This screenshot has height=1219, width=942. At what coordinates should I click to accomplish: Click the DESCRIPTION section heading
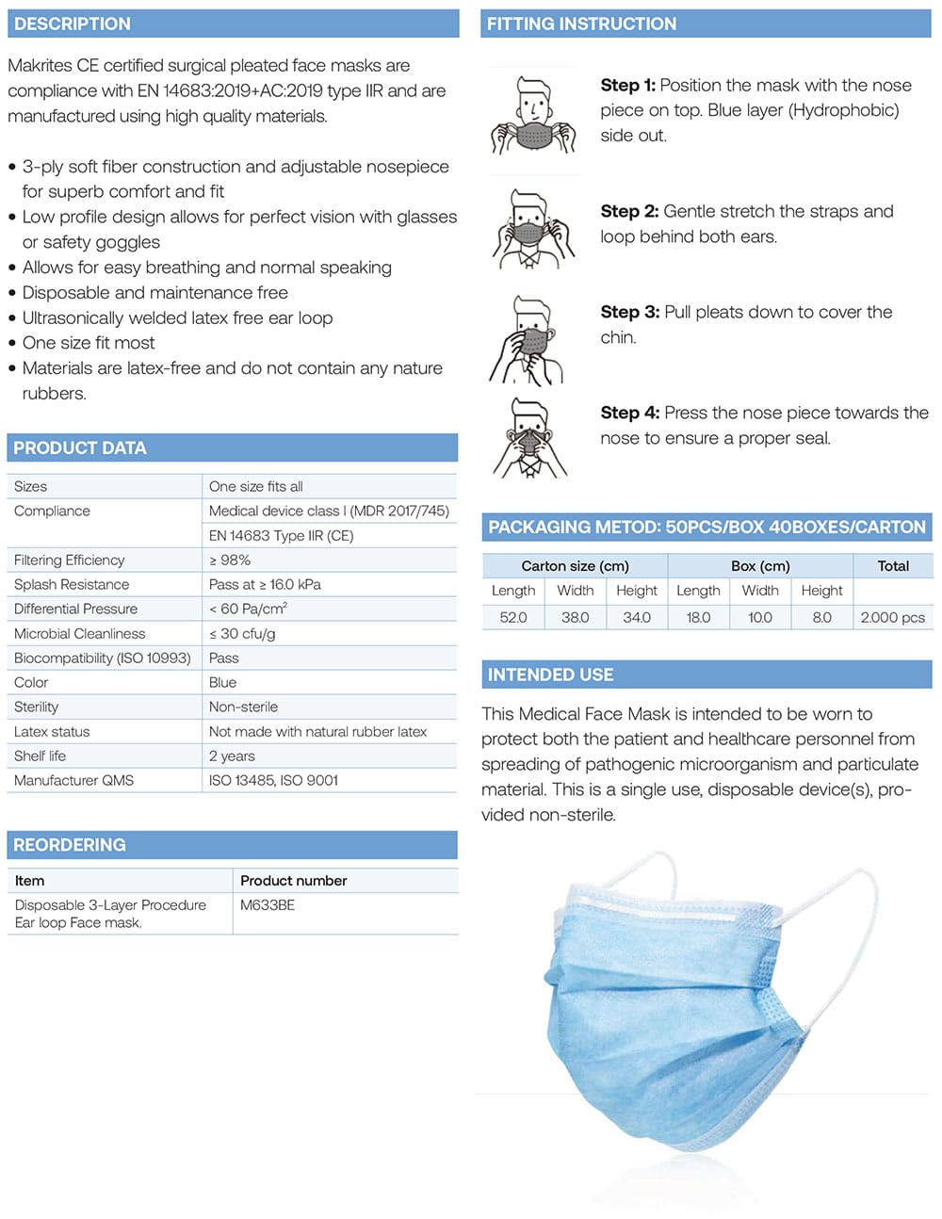pyautogui.click(x=73, y=24)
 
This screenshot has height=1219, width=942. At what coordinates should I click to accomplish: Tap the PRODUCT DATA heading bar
pyautogui.click(x=80, y=448)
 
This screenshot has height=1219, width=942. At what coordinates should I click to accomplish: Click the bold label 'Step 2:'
pyautogui.click(x=629, y=212)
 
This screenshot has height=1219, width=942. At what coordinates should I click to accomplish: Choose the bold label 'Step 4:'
pyautogui.click(x=630, y=414)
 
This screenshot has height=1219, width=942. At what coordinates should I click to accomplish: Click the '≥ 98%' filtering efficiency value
pyautogui.click(x=230, y=561)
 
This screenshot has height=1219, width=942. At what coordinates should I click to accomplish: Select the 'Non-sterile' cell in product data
pyautogui.click(x=243, y=707)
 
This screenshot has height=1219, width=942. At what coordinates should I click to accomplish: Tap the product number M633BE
pyautogui.click(x=268, y=905)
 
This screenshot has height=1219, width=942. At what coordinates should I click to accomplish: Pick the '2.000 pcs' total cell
pyautogui.click(x=892, y=618)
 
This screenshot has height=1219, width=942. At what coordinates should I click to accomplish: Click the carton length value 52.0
pyautogui.click(x=513, y=618)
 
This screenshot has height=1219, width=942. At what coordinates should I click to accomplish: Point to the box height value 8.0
pyautogui.click(x=821, y=618)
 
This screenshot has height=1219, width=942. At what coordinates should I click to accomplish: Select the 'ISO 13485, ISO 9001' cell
pyautogui.click(x=273, y=781)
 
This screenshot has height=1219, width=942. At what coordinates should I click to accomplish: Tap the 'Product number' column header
pyautogui.click(x=293, y=881)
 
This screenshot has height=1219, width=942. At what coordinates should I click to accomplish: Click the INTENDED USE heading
pyautogui.click(x=550, y=675)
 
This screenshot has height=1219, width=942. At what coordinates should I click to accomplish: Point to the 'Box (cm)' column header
pyautogui.click(x=760, y=566)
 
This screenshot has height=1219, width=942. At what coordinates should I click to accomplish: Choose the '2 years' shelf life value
pyautogui.click(x=232, y=756)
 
